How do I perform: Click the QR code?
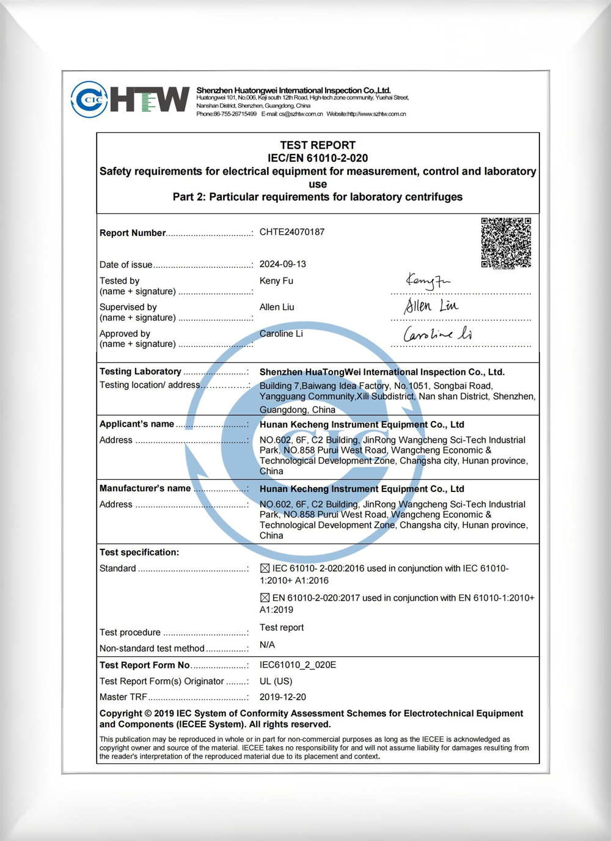[x=506, y=243]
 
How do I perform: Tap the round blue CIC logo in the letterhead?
[x=89, y=100]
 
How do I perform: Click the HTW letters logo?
[x=150, y=100]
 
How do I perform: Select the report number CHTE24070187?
[x=292, y=232]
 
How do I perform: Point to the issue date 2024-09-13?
[x=282, y=264]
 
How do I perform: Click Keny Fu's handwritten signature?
[x=427, y=281]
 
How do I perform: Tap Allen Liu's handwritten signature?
[x=431, y=306]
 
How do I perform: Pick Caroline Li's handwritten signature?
[x=437, y=334]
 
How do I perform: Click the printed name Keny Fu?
[x=276, y=281]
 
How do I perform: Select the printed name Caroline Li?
[x=281, y=334]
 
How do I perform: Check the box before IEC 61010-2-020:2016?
[x=265, y=568]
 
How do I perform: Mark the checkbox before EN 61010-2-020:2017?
[x=265, y=598]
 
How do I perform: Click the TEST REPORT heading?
[x=318, y=145]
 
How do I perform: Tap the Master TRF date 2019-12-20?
[x=282, y=697]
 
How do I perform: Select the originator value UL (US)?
[x=276, y=681]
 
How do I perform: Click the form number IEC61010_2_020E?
[x=298, y=665]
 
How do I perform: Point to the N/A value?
[x=267, y=645]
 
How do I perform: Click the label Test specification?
[x=139, y=553]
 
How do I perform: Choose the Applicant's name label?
[x=137, y=424]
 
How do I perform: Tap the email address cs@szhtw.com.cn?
[x=301, y=114]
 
